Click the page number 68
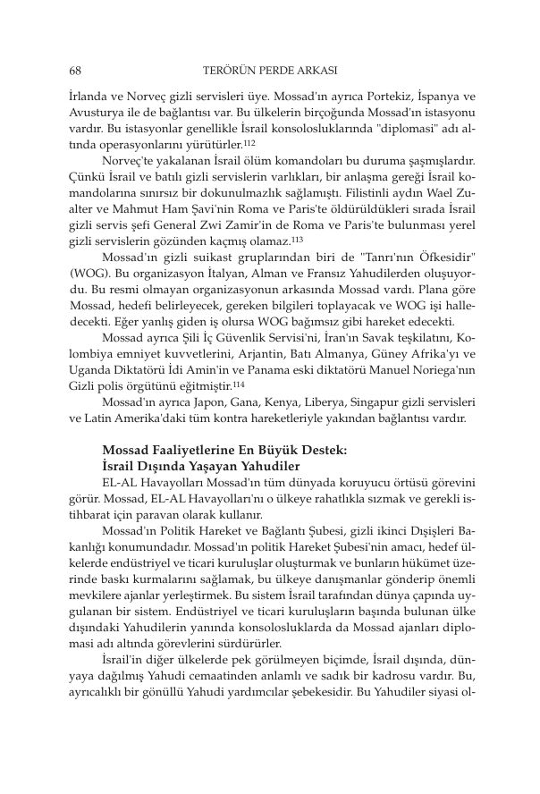point(75,69)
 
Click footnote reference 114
point(207,384)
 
